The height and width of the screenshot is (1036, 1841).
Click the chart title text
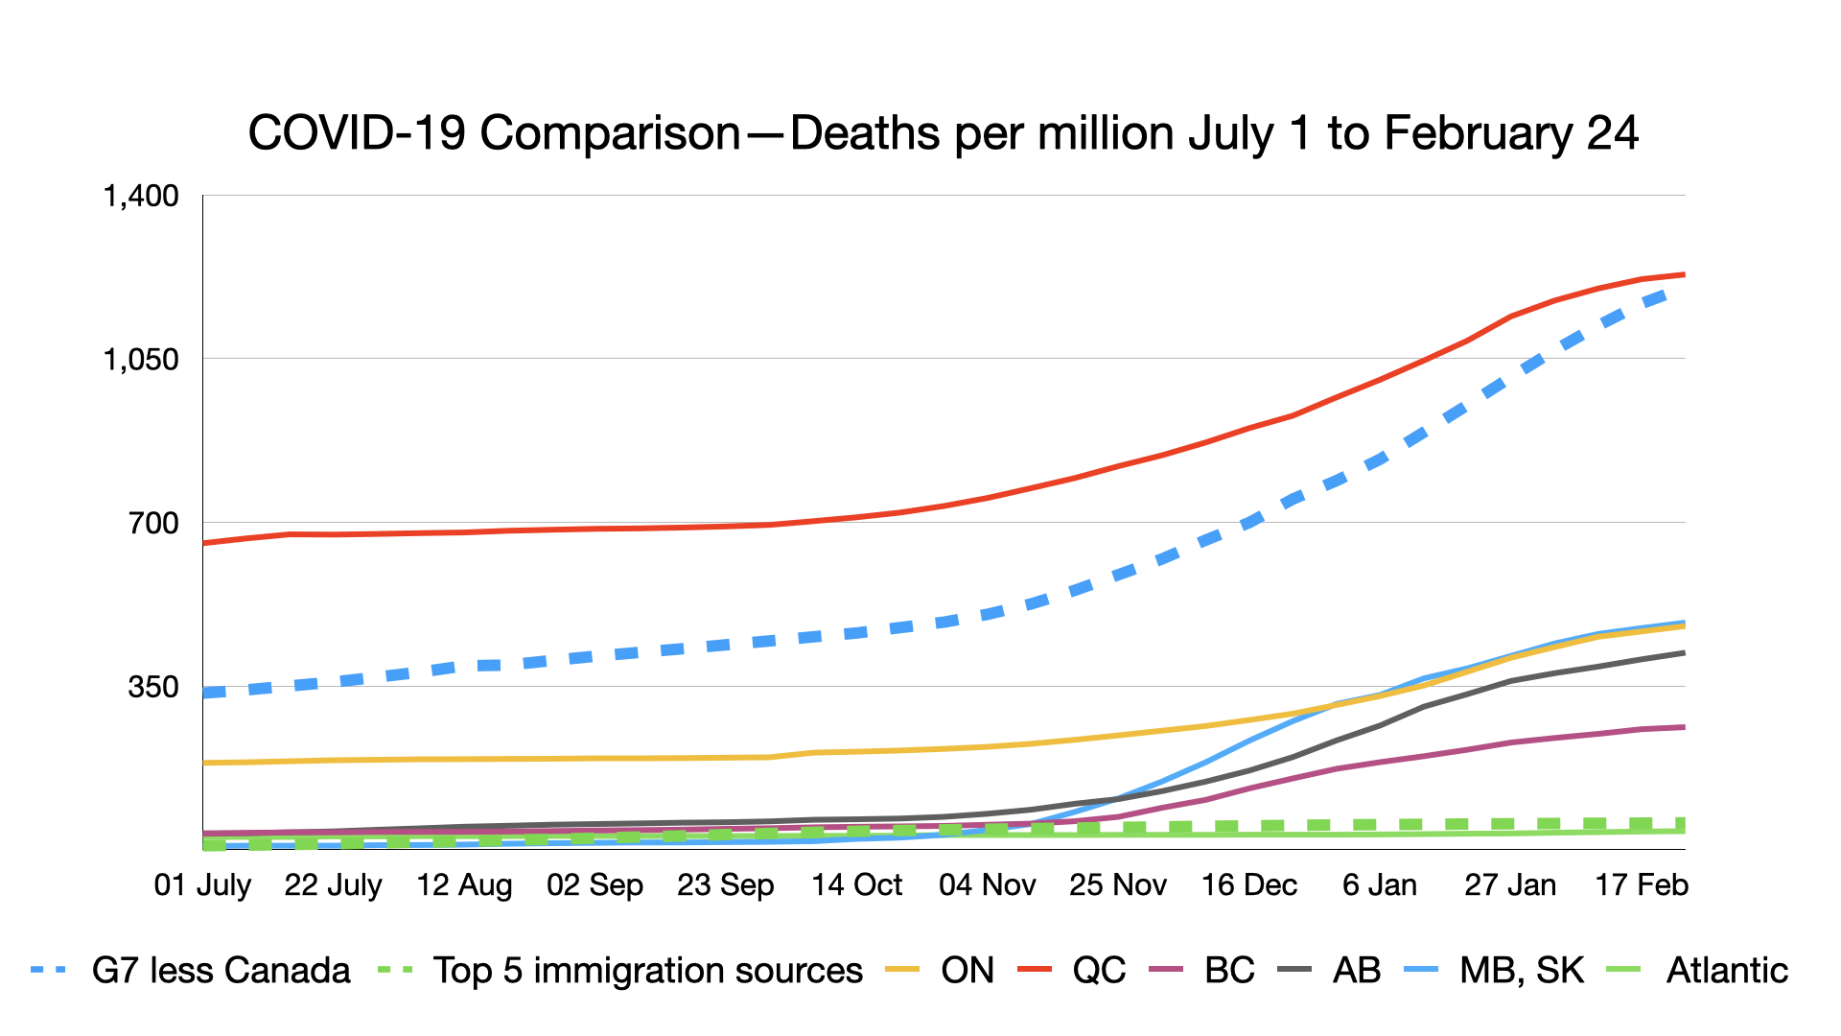943,133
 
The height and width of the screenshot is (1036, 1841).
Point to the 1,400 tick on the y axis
141,196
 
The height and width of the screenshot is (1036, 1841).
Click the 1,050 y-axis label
141,360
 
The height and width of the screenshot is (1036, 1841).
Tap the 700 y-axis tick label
153,524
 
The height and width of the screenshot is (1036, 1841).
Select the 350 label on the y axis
153,687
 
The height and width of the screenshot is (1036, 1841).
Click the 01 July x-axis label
202,884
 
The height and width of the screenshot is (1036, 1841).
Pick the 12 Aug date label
464,884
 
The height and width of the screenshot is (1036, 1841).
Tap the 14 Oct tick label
856,884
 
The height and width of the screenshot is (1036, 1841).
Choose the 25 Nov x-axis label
1118,884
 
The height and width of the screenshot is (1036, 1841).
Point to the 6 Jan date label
1379,884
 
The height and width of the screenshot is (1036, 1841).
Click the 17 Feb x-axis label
1641,884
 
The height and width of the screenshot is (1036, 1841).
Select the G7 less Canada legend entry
221,971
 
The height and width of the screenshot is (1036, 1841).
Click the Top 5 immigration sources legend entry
647,971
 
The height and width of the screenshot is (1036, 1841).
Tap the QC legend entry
1099,971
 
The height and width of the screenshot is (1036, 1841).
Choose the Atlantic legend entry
1727,971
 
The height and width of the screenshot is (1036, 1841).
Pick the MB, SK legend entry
1521,971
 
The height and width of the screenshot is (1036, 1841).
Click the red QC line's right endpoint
1684,275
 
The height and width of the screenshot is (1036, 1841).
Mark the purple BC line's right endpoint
1684,727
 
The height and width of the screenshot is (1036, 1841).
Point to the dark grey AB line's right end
1684,653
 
